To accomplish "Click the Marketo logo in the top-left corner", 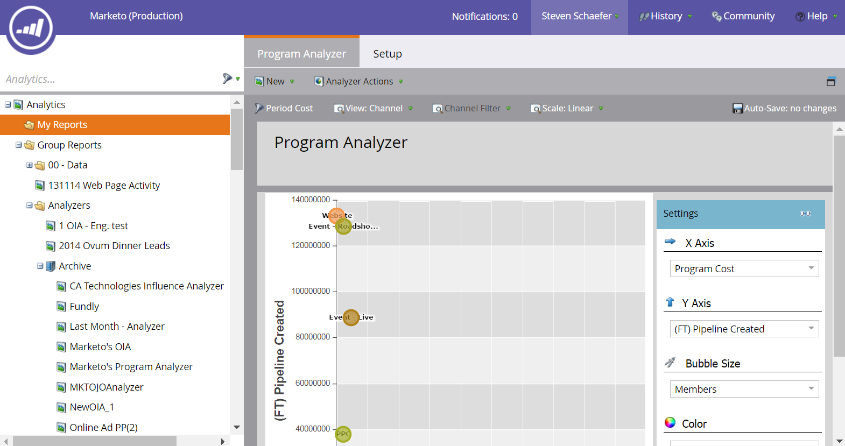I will pyautogui.click(x=31, y=29).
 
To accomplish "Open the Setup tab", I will pyautogui.click(x=388, y=54).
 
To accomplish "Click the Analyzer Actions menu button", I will pyautogui.click(x=359, y=81).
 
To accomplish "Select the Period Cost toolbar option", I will pyautogui.click(x=284, y=108).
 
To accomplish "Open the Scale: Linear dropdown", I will pyautogui.click(x=567, y=108).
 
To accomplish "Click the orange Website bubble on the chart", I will pyautogui.click(x=336, y=216).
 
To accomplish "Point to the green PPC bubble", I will pyautogui.click(x=343, y=434).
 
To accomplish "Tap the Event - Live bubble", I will pyautogui.click(x=351, y=317).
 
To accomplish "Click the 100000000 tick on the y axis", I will pyautogui.click(x=311, y=291).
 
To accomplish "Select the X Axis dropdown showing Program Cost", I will pyautogui.click(x=744, y=268).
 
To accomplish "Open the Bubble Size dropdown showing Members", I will pyautogui.click(x=744, y=389).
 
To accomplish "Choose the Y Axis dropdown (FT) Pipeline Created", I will pyautogui.click(x=744, y=329).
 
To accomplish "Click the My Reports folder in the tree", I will pyautogui.click(x=62, y=125).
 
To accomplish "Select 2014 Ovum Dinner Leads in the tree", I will pyautogui.click(x=114, y=246).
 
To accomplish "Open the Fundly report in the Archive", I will pyautogui.click(x=84, y=307).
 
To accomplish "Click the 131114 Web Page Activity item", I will pyautogui.click(x=104, y=186).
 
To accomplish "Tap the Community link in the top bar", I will pyautogui.click(x=743, y=16).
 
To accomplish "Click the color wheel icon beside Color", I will pyautogui.click(x=670, y=423).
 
